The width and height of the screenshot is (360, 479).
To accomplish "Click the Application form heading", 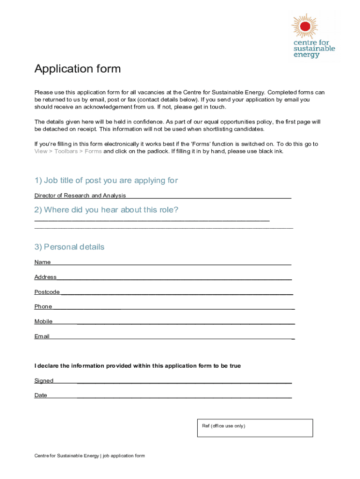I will click(x=78, y=69).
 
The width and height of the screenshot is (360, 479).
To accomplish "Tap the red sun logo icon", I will click(x=304, y=26).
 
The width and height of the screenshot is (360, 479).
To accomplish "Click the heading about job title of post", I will click(x=106, y=181).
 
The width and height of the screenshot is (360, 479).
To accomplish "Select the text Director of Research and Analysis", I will click(x=80, y=196).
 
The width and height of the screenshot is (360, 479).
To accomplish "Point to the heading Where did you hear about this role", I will click(x=106, y=210).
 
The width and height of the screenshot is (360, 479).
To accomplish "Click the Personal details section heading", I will click(x=69, y=247).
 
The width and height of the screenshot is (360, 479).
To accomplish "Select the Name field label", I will click(x=43, y=262).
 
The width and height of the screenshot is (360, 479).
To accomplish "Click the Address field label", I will click(x=45, y=277).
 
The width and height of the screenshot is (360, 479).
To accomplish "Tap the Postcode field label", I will click(x=47, y=292).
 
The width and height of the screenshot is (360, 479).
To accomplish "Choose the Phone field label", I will click(x=43, y=307).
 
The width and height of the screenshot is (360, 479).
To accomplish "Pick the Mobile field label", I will click(x=43, y=321).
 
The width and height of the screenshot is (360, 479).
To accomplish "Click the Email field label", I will click(x=42, y=336).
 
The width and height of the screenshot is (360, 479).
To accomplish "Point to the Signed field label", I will click(x=44, y=381).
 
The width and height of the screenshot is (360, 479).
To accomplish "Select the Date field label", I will click(x=41, y=395).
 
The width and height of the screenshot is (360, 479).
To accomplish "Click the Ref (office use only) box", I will click(x=255, y=428).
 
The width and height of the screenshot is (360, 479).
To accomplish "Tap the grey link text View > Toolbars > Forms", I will click(x=68, y=152).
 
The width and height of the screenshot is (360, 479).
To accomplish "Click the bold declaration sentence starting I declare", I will click(x=137, y=366).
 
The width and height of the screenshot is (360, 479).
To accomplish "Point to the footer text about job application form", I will click(x=90, y=456).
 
